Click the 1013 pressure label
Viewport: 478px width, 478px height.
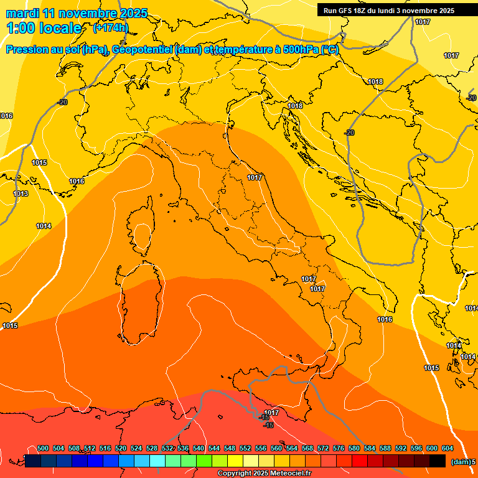21,194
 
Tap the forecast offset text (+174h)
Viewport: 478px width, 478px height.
110,27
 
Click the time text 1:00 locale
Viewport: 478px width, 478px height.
44,28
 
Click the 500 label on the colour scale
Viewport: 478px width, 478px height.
43,448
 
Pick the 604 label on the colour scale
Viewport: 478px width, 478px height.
447,448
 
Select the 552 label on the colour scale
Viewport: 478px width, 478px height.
245,448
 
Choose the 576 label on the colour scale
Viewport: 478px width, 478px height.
339,448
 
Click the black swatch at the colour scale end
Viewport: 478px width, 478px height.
438,461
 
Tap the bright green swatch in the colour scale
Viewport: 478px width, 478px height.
204,461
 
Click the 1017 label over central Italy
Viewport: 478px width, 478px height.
254,177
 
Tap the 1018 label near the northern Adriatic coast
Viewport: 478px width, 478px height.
295,106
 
